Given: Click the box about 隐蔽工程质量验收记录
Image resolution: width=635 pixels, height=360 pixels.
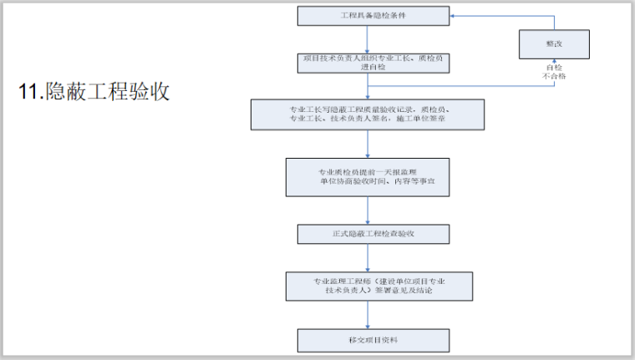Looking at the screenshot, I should click(368, 115).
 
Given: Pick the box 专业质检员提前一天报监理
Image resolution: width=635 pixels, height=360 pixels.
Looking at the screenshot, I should click(368, 176).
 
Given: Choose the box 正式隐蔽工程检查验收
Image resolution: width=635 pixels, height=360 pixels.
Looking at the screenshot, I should click(368, 233).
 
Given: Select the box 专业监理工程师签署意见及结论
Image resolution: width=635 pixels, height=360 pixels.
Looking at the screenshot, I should click(368, 286).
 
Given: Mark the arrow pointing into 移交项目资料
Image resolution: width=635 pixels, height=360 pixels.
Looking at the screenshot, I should click(368, 315).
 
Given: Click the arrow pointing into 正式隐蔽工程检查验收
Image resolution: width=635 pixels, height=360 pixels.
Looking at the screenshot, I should click(368, 210).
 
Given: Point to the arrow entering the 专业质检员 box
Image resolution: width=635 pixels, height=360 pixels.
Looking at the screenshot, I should click(368, 145).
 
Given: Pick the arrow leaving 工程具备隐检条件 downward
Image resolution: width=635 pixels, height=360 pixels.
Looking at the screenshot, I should click(368, 39).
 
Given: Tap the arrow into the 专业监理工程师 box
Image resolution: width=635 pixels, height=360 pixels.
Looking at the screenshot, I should click(368, 258).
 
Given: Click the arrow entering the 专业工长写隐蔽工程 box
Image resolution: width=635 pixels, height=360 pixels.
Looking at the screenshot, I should click(368, 89).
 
